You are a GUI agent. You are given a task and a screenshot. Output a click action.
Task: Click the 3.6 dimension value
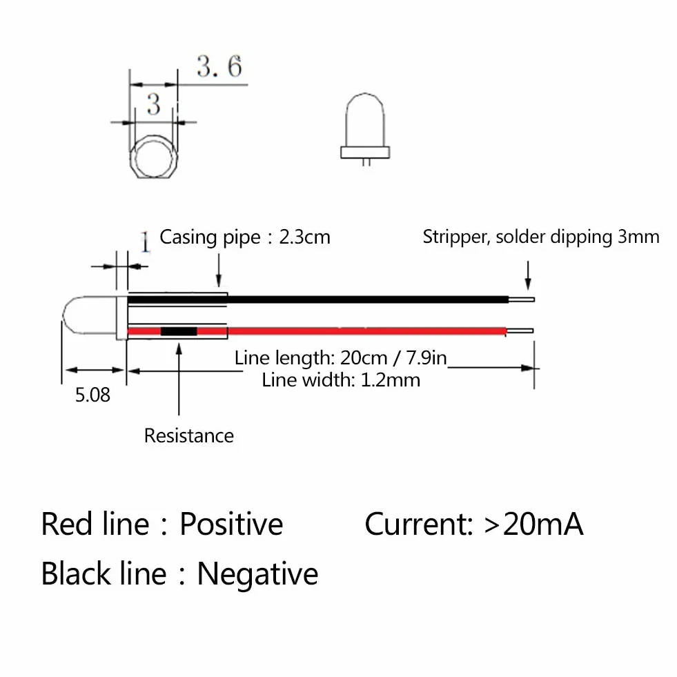(219, 66)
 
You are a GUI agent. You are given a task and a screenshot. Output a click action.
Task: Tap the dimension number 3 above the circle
(154, 104)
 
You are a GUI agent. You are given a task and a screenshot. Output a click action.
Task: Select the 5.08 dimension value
(92, 395)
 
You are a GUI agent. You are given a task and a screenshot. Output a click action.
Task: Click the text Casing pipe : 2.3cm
(245, 237)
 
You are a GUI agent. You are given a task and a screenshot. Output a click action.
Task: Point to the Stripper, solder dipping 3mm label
(541, 237)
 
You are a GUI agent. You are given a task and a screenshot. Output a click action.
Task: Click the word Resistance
(188, 435)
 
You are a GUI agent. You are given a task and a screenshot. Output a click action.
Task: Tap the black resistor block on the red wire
(179, 331)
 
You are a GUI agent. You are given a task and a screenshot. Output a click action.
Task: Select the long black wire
(318, 300)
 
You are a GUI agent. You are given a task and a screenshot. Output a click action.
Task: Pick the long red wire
(317, 331)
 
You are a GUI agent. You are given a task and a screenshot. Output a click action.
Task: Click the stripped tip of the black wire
(522, 300)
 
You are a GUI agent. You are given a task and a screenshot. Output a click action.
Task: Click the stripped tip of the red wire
(520, 331)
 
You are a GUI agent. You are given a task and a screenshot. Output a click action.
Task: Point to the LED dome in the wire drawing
(90, 315)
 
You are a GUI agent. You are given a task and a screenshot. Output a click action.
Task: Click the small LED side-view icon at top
(365, 129)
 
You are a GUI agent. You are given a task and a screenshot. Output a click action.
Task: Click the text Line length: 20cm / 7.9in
(340, 358)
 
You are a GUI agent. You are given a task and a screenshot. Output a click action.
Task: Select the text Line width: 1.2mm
(341, 380)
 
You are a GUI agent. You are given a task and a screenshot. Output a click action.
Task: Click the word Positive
(231, 524)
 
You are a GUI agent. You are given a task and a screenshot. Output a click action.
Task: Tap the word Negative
(258, 573)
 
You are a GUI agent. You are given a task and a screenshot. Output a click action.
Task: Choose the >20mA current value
(534, 524)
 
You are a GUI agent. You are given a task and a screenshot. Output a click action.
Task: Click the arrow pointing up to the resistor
(179, 379)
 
